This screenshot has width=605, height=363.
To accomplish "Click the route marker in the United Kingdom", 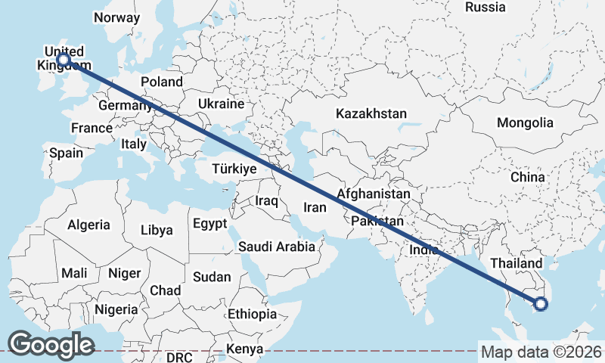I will [x=64, y=59].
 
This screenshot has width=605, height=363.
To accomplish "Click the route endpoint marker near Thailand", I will [x=540, y=304].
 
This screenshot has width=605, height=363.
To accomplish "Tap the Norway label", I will [x=117, y=17].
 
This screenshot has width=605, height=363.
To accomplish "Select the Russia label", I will [x=485, y=8].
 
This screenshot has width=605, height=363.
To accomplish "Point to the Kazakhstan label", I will [x=371, y=114].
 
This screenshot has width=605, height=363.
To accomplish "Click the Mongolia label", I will [x=525, y=123].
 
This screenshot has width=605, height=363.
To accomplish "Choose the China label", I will [x=527, y=177].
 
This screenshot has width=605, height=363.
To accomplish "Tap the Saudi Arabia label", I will [x=276, y=247].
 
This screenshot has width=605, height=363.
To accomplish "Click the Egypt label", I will [x=209, y=224].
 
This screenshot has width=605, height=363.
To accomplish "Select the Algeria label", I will [x=88, y=225].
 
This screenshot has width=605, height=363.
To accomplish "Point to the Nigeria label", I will [x=116, y=309].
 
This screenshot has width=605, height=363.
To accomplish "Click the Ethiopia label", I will [x=253, y=313].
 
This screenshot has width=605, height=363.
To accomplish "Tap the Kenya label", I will [x=245, y=349].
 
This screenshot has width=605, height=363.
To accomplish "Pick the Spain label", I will [x=66, y=153].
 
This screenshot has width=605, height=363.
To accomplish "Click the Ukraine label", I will [x=221, y=104].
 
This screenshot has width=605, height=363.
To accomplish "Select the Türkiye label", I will [x=234, y=169].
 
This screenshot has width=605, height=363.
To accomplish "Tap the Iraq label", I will [x=267, y=201].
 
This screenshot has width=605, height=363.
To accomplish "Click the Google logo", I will [x=51, y=345].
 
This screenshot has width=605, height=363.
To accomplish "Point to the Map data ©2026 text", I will [x=541, y=352].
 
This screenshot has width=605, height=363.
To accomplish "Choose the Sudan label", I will [x=212, y=277].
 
